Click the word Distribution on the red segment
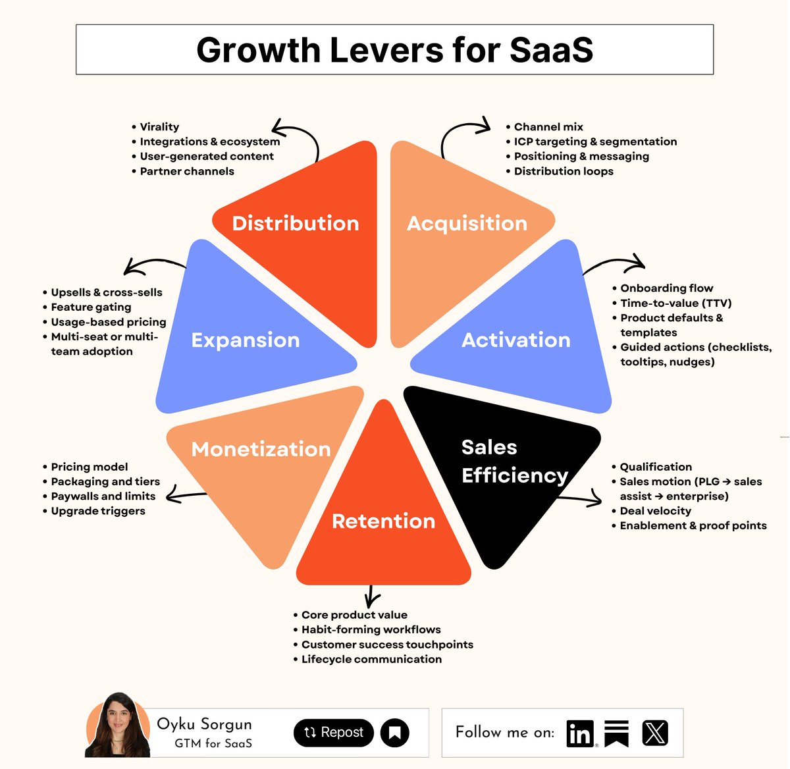coord(296,223)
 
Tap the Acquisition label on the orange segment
coord(467,223)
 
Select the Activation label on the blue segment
coord(515,340)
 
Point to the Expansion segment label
coord(246,340)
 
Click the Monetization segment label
coord(261,449)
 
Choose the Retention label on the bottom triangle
coord(383,521)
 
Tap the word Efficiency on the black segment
coord(514,475)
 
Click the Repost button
coord(333,732)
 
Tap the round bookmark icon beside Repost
coord(395,732)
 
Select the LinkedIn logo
coord(580,733)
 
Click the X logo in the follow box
coord(654,733)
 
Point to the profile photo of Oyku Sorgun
coord(118,726)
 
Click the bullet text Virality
coord(159,126)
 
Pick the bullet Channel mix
coord(548,126)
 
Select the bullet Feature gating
coord(91,307)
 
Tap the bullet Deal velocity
coord(655,511)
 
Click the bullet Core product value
coord(354,615)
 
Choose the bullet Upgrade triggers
coord(98,511)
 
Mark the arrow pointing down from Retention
coord(372,597)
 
